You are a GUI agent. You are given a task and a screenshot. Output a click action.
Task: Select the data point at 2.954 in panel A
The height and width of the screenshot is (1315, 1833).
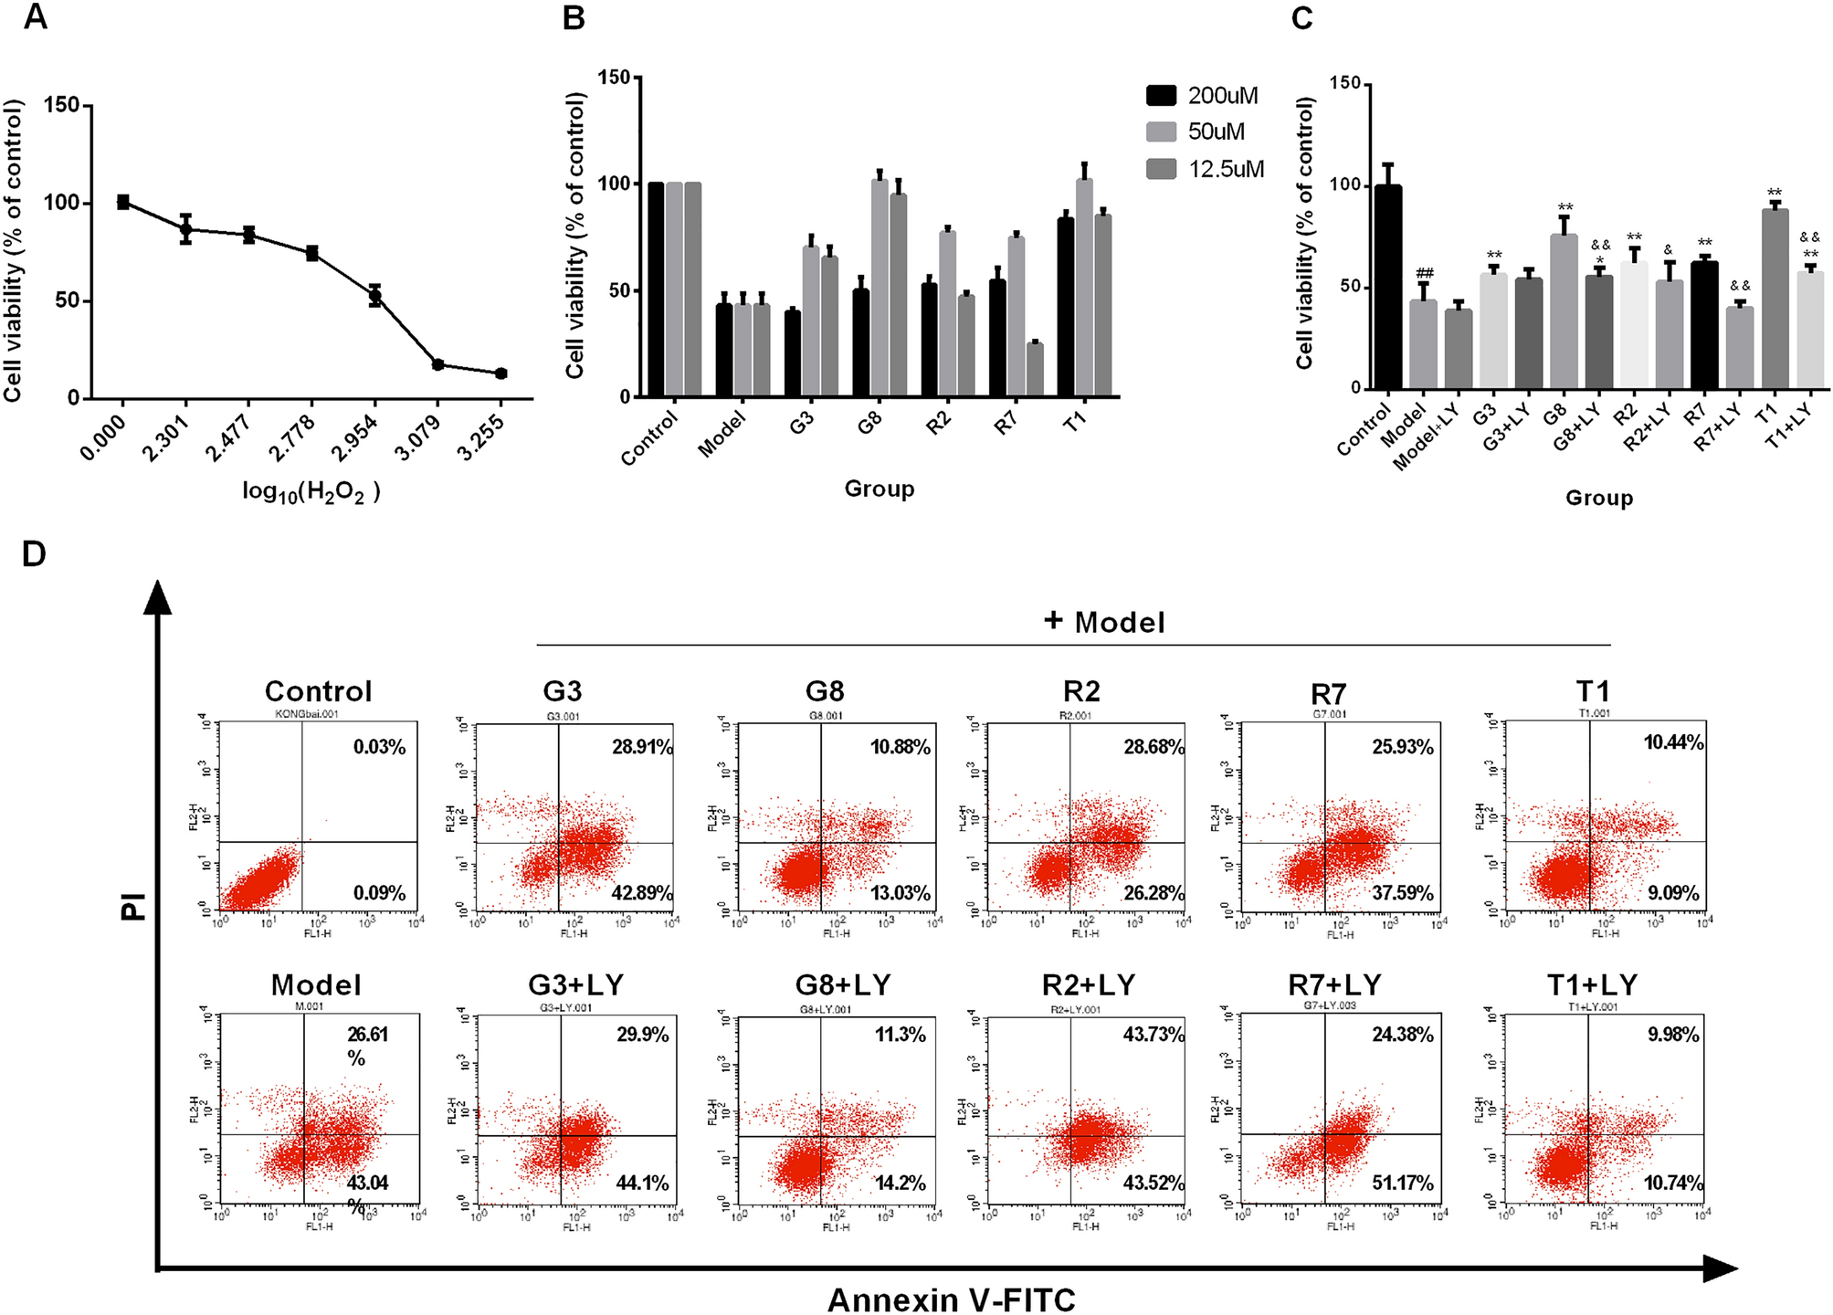(374, 295)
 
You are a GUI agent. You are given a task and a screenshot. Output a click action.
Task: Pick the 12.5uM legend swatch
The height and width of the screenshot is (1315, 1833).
(1161, 168)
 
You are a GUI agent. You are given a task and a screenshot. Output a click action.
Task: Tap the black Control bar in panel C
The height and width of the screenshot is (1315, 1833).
(1388, 287)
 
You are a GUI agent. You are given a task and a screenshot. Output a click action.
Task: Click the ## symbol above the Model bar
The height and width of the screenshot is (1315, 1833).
(1424, 273)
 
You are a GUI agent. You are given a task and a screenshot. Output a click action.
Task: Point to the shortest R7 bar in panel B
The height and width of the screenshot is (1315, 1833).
(1035, 370)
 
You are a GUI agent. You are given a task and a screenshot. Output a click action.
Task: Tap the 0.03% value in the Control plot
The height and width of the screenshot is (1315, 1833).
(379, 747)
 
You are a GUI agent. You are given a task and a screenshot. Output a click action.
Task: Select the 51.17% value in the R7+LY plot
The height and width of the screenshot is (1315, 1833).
(1402, 1183)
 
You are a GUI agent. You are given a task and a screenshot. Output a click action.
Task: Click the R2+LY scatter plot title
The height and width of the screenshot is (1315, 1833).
(1088, 984)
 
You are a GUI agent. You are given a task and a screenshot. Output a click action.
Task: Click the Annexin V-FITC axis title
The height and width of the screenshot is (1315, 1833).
(951, 1299)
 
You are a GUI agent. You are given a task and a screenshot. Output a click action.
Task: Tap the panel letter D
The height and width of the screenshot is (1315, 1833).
(34, 554)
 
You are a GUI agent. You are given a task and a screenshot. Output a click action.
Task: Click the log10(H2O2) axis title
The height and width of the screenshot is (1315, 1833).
(311, 492)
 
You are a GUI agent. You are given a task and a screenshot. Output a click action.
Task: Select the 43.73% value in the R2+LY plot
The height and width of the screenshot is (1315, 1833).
(1154, 1035)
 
